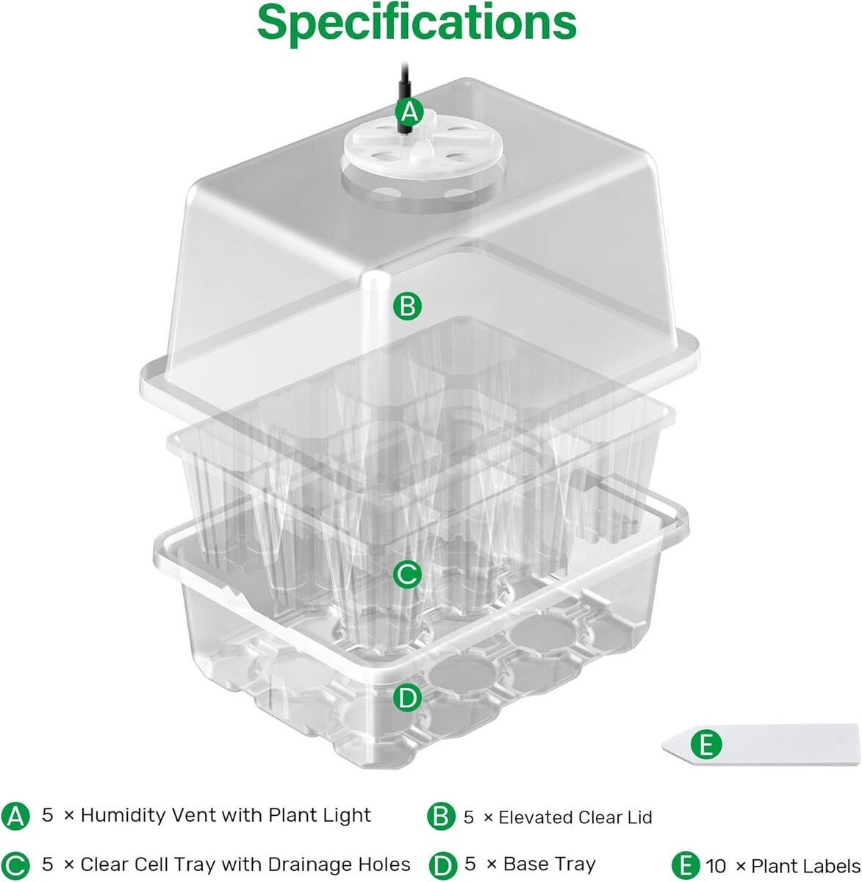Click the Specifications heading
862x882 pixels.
pyautogui.click(x=417, y=24)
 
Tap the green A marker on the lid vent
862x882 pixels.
pyautogui.click(x=410, y=112)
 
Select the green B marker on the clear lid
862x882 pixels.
pyautogui.click(x=407, y=306)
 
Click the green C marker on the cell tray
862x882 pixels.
pyautogui.click(x=407, y=575)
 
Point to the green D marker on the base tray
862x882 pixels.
pyautogui.click(x=407, y=698)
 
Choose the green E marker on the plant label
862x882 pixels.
pyautogui.click(x=706, y=745)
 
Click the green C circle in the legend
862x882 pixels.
pyautogui.click(x=15, y=865)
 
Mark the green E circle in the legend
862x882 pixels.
pyautogui.click(x=686, y=865)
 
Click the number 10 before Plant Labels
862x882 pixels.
pyautogui.click(x=716, y=866)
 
